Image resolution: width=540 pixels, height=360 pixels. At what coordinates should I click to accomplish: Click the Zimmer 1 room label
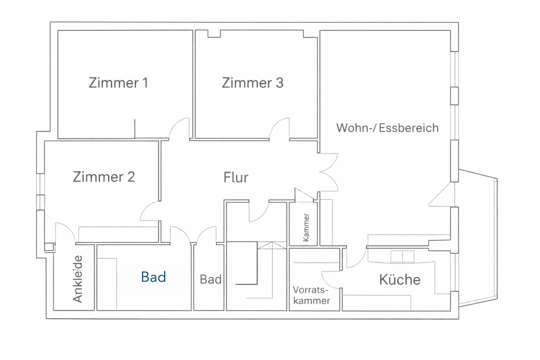click(x=118, y=83)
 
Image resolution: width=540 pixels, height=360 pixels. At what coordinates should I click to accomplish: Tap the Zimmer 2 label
click(x=104, y=177)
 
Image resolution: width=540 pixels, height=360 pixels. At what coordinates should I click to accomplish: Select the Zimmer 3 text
click(x=253, y=83)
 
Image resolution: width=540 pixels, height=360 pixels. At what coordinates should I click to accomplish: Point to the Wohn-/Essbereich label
click(x=387, y=128)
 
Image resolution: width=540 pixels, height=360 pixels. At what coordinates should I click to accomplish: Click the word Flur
click(x=236, y=178)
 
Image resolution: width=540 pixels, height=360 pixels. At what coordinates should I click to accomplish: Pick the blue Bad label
click(x=154, y=277)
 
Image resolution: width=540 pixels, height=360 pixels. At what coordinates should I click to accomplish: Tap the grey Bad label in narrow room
click(x=210, y=280)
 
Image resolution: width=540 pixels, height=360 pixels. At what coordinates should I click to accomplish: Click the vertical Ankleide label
click(x=78, y=279)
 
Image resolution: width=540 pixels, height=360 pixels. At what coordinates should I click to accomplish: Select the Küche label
click(x=399, y=280)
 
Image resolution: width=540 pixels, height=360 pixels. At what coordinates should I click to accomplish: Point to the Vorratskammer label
click(x=311, y=296)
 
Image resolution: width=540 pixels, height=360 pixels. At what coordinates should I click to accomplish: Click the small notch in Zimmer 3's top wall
click(x=214, y=34)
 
